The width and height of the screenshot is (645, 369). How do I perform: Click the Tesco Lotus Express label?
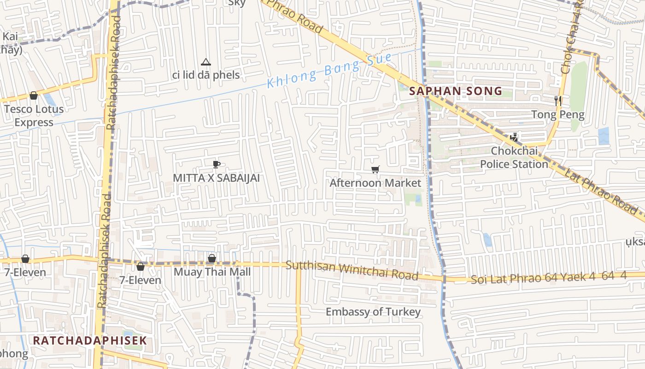[x=34, y=116]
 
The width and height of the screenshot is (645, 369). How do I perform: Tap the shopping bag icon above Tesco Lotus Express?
[x=33, y=95]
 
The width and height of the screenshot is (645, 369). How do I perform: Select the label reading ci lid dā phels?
[x=206, y=75]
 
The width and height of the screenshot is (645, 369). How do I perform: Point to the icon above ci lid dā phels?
[x=205, y=62]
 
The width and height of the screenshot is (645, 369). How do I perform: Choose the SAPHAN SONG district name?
[x=456, y=91]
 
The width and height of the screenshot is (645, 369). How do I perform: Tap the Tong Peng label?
[x=557, y=114]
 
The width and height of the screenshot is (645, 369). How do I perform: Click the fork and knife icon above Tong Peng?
[x=558, y=101]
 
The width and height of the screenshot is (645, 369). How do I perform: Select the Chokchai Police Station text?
[x=514, y=157]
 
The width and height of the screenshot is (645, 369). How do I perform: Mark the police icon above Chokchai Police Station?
[x=514, y=137]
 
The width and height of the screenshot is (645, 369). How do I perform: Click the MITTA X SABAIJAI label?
[x=216, y=178]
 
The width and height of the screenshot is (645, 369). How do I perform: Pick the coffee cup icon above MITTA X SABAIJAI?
[x=217, y=164]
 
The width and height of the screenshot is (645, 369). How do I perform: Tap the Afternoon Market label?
[x=375, y=183]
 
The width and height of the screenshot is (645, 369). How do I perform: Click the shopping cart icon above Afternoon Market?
[x=375, y=170]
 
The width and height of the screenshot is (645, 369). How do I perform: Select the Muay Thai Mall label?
[x=212, y=272]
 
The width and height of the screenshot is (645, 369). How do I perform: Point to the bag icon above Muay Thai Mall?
[x=212, y=258]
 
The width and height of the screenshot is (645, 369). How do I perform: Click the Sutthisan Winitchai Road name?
[x=352, y=271]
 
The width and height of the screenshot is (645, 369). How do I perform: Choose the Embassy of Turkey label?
[x=373, y=312]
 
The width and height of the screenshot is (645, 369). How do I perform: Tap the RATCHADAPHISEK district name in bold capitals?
[x=90, y=340]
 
